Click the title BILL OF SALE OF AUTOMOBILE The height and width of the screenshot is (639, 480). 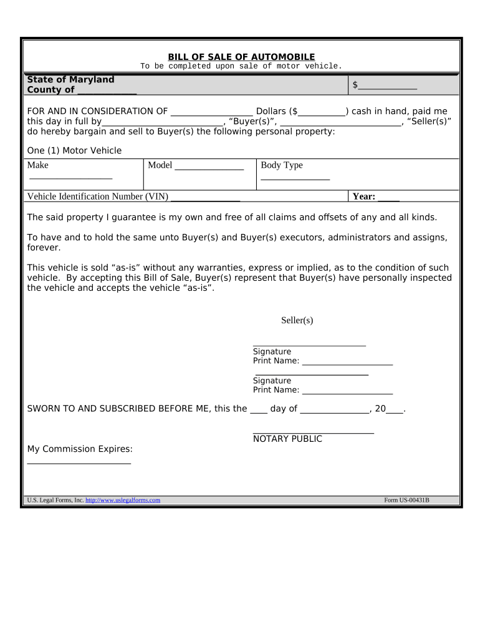coord(241,57)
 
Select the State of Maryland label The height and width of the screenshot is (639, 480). coord(70,80)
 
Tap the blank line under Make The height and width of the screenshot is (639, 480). coord(70,179)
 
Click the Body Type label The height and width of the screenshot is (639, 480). coord(282,165)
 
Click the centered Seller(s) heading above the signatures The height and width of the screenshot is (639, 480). coord(297,320)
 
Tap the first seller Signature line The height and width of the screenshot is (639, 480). coord(309,344)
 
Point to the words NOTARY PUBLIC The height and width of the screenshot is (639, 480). coord(287,439)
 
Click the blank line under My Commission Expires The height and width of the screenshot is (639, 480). coord(79,463)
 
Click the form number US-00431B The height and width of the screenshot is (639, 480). coord(406,500)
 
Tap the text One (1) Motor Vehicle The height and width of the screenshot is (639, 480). coord(75,150)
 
